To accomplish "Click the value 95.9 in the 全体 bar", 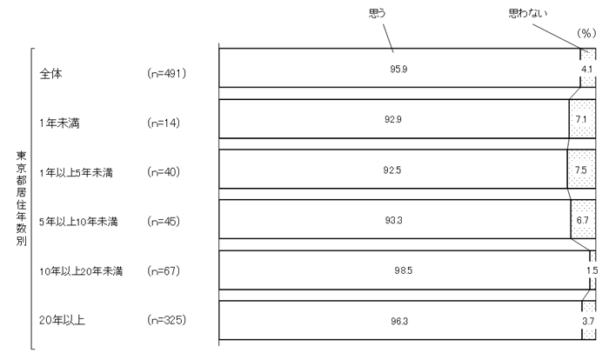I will coord(400,69).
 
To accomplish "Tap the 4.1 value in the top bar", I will coord(588,69).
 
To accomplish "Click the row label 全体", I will coord(51,74).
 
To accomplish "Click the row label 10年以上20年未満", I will coord(82,272).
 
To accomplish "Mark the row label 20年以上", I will coord(60,321).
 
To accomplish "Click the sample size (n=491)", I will coord(168,74).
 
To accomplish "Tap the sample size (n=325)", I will coord(168,321).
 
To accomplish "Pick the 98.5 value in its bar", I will coord(403,270).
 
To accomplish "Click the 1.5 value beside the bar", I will coord(592,270).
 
